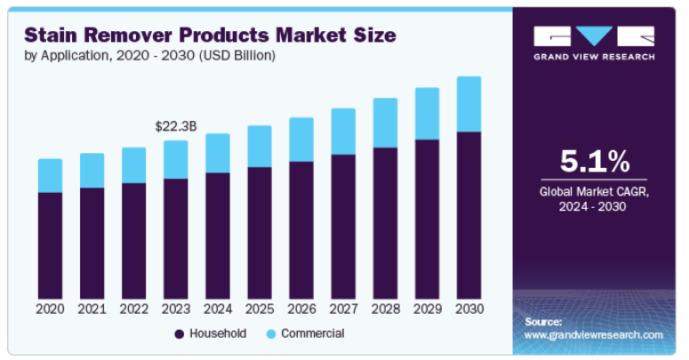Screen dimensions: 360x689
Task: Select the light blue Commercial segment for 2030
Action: coord(469,104)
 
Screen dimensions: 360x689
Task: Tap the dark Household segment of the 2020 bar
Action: coord(50,244)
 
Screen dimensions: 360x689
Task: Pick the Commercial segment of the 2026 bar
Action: coord(301,140)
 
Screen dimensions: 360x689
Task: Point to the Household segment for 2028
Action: coord(385,222)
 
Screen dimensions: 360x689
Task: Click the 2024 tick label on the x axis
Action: coord(218,308)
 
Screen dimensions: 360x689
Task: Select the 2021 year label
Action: coord(92,308)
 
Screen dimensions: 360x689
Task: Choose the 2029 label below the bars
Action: coord(427,308)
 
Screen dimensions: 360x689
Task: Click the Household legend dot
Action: coord(179,334)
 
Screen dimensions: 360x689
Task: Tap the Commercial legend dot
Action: coord(270,334)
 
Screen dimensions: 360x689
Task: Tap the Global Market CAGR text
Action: coord(594,191)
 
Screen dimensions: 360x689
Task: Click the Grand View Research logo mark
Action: coord(594,36)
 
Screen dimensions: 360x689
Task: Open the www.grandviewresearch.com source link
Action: coord(593,335)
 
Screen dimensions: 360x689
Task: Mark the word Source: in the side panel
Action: coord(543,321)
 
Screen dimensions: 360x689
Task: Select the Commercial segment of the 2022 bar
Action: coord(133,165)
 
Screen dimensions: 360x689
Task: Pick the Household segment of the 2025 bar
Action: coord(260,232)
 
